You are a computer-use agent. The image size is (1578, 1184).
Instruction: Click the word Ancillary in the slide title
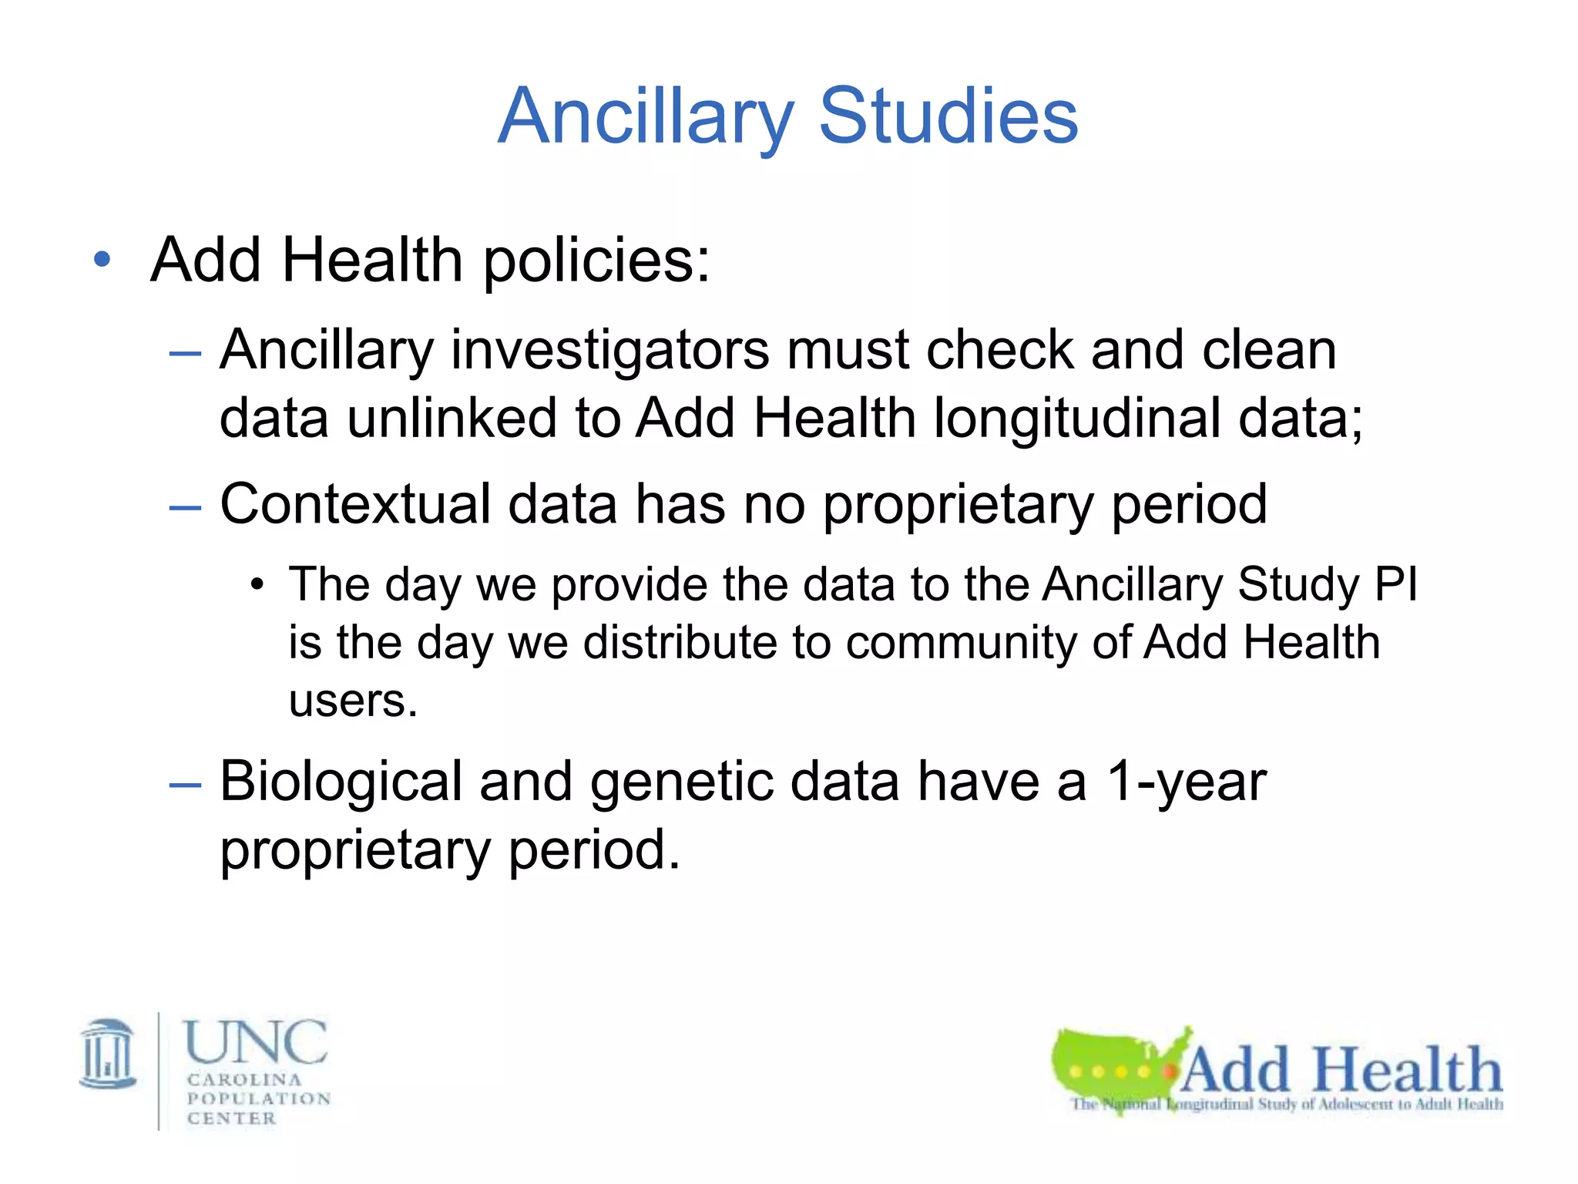[x=646, y=117]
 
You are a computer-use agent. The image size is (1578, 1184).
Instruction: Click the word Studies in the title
[x=948, y=117]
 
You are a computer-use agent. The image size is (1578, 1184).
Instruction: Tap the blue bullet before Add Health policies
[x=102, y=260]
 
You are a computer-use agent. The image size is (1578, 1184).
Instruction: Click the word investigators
[x=609, y=351]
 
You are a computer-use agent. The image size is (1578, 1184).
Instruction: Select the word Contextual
[x=355, y=505]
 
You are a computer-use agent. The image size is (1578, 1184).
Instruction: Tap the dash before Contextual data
[x=185, y=507]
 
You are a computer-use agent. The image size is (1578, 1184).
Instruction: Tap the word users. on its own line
[x=353, y=701]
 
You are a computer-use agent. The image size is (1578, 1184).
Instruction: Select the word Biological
[x=341, y=782]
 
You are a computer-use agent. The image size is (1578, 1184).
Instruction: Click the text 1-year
[x=1186, y=782]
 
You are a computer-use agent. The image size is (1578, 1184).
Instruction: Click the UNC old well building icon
[x=108, y=1053]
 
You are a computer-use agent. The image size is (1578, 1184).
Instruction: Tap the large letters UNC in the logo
[x=256, y=1042]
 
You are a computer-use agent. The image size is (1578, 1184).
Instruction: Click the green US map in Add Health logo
[x=1110, y=1064]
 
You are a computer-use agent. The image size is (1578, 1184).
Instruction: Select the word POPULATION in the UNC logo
[x=259, y=1098]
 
